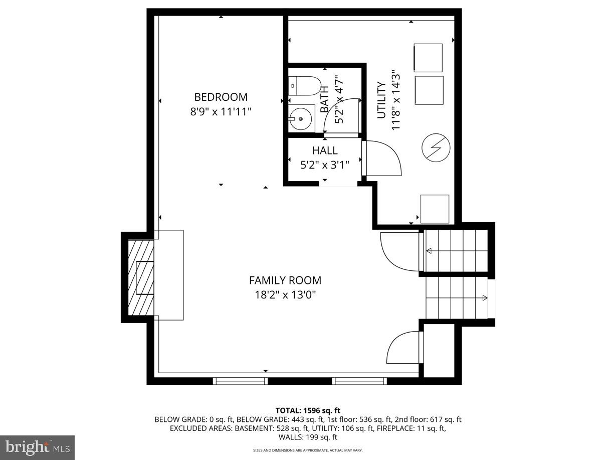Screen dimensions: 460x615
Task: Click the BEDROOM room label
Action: (221, 97)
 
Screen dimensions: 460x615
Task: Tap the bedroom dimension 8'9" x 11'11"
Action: (221, 111)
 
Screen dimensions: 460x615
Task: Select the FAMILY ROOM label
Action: (285, 280)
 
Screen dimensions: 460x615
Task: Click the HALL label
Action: (325, 150)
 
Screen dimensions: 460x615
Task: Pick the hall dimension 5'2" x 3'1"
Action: (325, 164)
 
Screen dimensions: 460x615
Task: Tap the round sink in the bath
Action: (301, 119)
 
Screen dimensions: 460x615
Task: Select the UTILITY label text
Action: (381, 100)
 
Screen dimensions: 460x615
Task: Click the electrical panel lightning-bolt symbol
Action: (436, 148)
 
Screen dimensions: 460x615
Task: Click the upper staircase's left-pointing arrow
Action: (429, 251)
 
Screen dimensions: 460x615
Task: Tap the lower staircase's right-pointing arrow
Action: (484, 298)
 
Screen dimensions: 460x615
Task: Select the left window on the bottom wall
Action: (240, 381)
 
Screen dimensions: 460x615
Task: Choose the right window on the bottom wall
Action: (359, 381)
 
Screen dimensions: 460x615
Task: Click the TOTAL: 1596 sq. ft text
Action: (308, 410)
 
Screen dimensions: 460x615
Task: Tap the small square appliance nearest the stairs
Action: (435, 209)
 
